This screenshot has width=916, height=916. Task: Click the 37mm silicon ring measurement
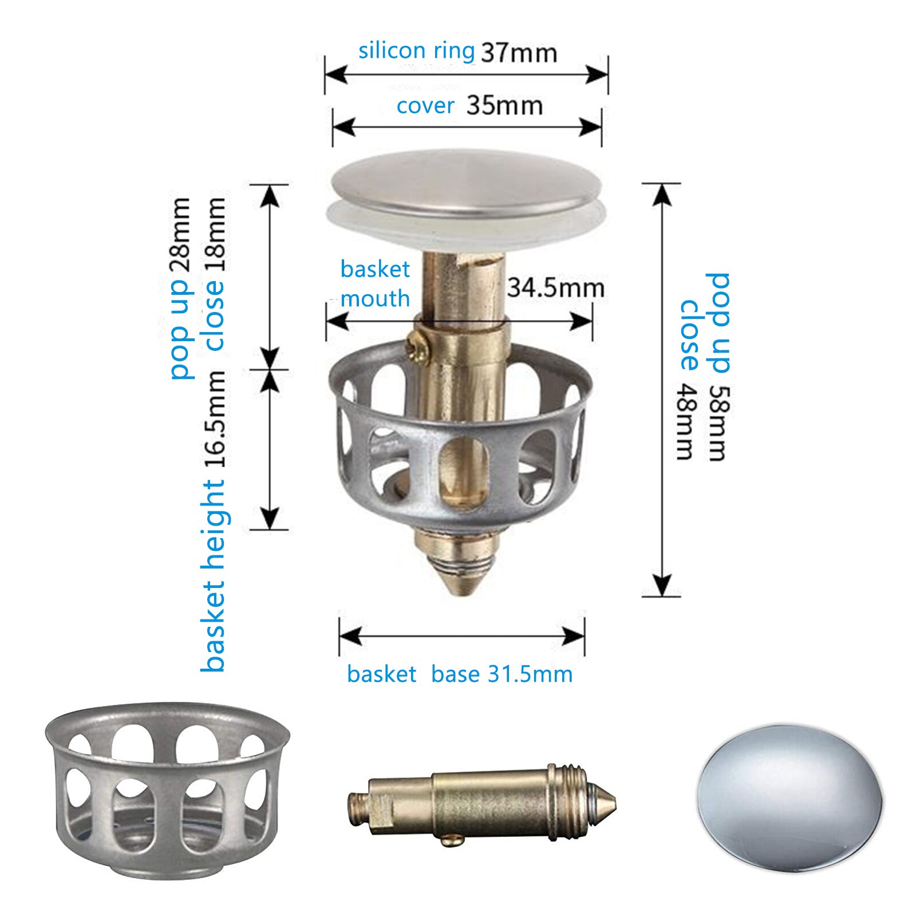coord(519,53)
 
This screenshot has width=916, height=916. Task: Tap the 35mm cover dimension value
coord(504,106)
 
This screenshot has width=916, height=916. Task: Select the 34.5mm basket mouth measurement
coord(555,287)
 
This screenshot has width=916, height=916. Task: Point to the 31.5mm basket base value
coord(530,674)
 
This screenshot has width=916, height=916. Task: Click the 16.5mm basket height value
coord(215,420)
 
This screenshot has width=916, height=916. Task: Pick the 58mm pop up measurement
coord(719,424)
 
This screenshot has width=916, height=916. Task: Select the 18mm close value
coord(215,235)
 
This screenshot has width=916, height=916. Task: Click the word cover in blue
coord(425,106)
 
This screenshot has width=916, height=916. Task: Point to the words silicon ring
coord(416,51)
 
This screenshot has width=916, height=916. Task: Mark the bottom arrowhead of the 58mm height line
coord(662,587)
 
